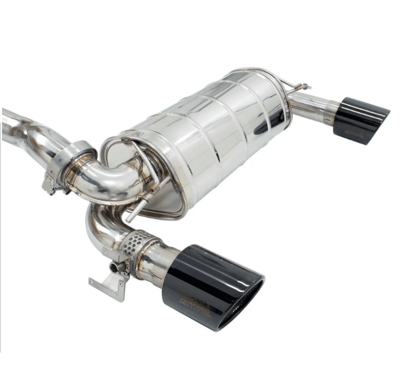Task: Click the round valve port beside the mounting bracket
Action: click(x=115, y=267)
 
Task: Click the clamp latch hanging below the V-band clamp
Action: click(x=50, y=185)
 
